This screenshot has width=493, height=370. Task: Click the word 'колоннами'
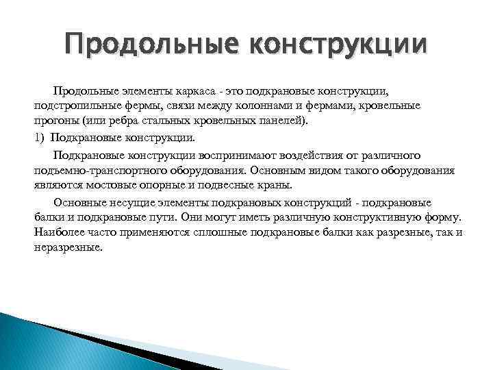click(x=288, y=106)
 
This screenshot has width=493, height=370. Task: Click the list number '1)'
click(x=40, y=137)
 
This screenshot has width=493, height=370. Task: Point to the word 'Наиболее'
click(x=58, y=232)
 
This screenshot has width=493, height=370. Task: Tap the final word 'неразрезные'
click(x=68, y=247)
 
